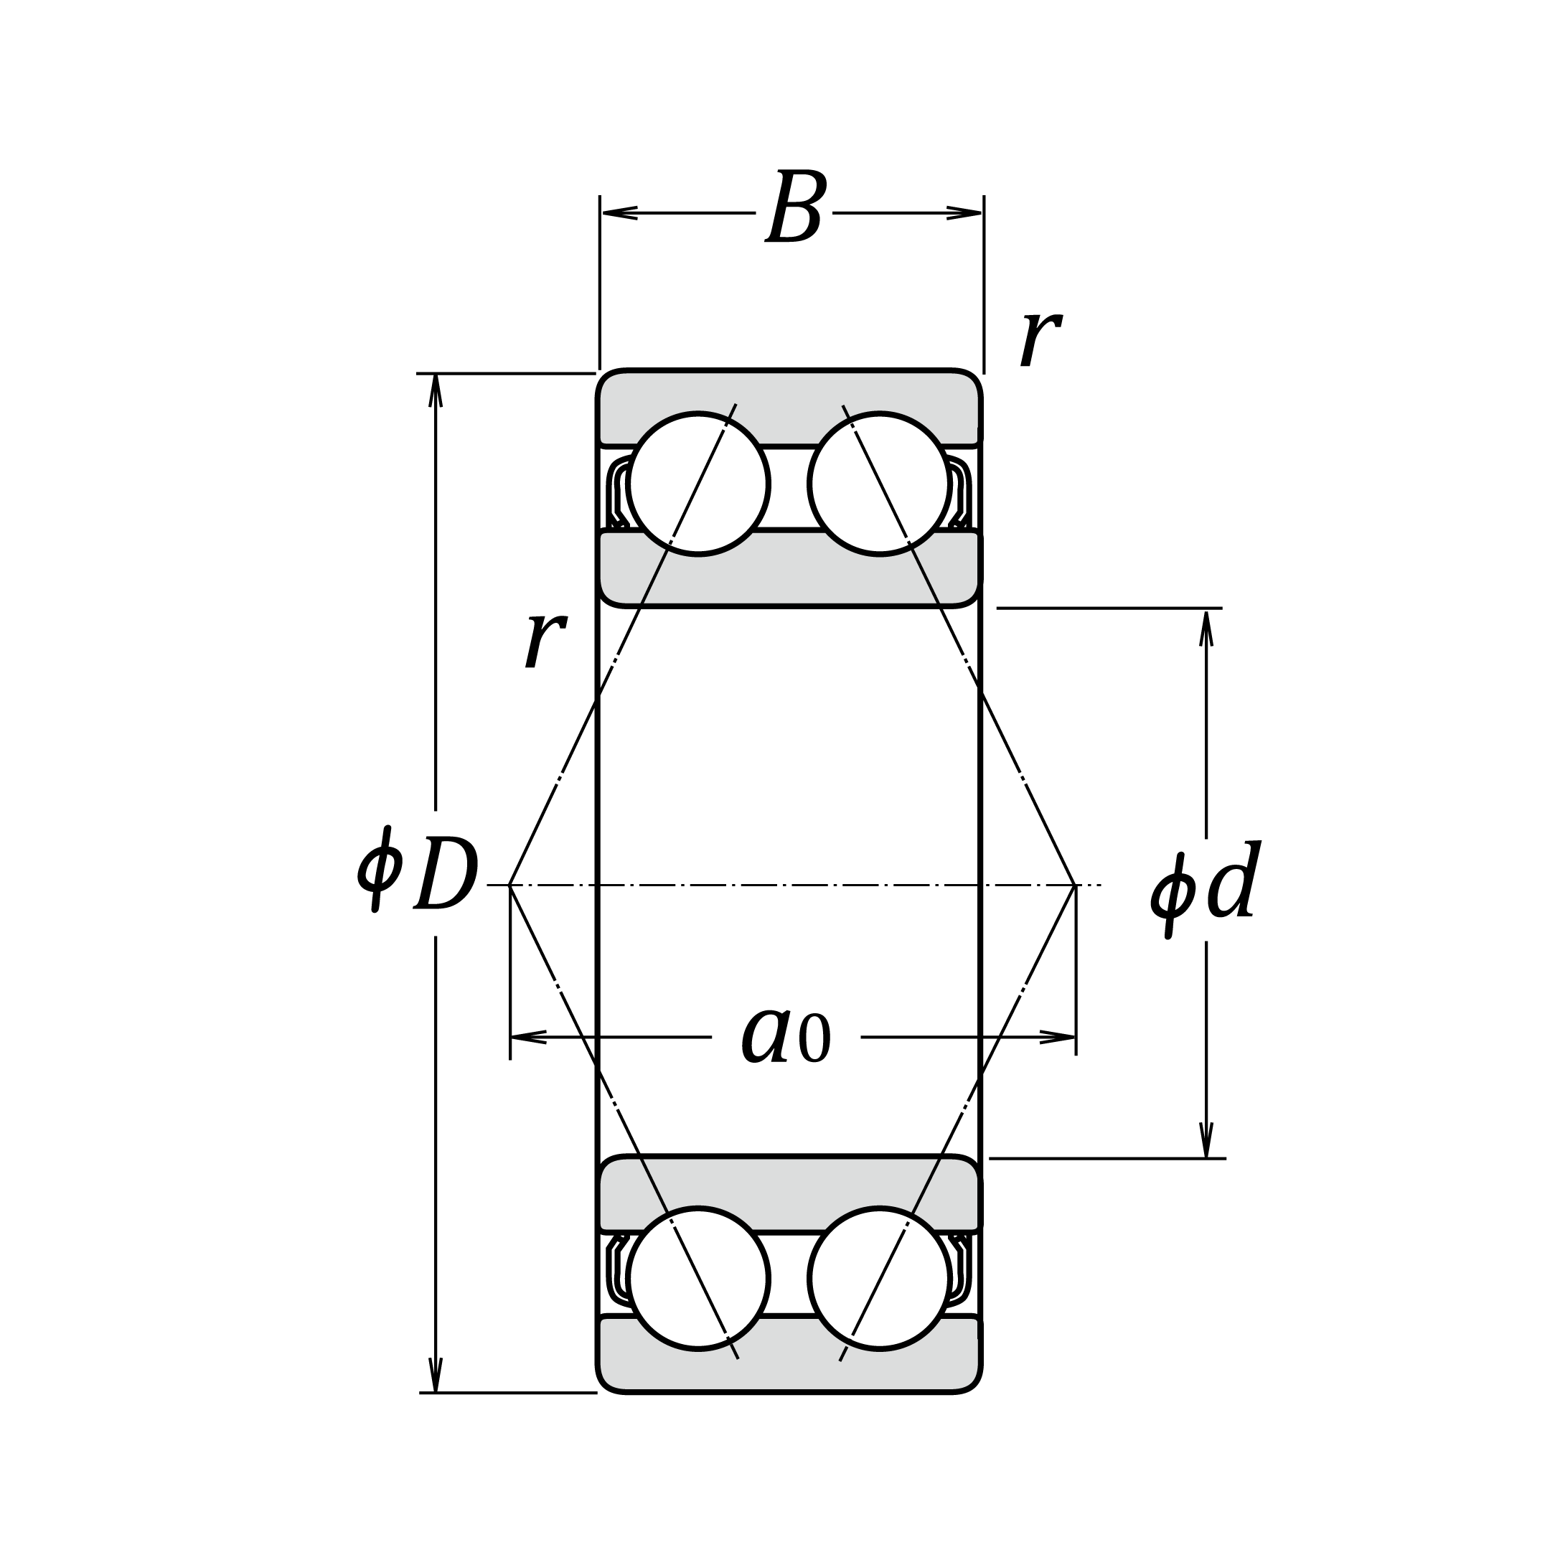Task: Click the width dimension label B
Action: (795, 207)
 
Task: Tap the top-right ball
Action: (879, 484)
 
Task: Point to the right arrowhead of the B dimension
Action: (965, 213)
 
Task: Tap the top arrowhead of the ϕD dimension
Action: (436, 390)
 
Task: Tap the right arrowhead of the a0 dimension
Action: (1058, 1038)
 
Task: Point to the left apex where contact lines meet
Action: (511, 885)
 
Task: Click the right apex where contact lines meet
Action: (1076, 885)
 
